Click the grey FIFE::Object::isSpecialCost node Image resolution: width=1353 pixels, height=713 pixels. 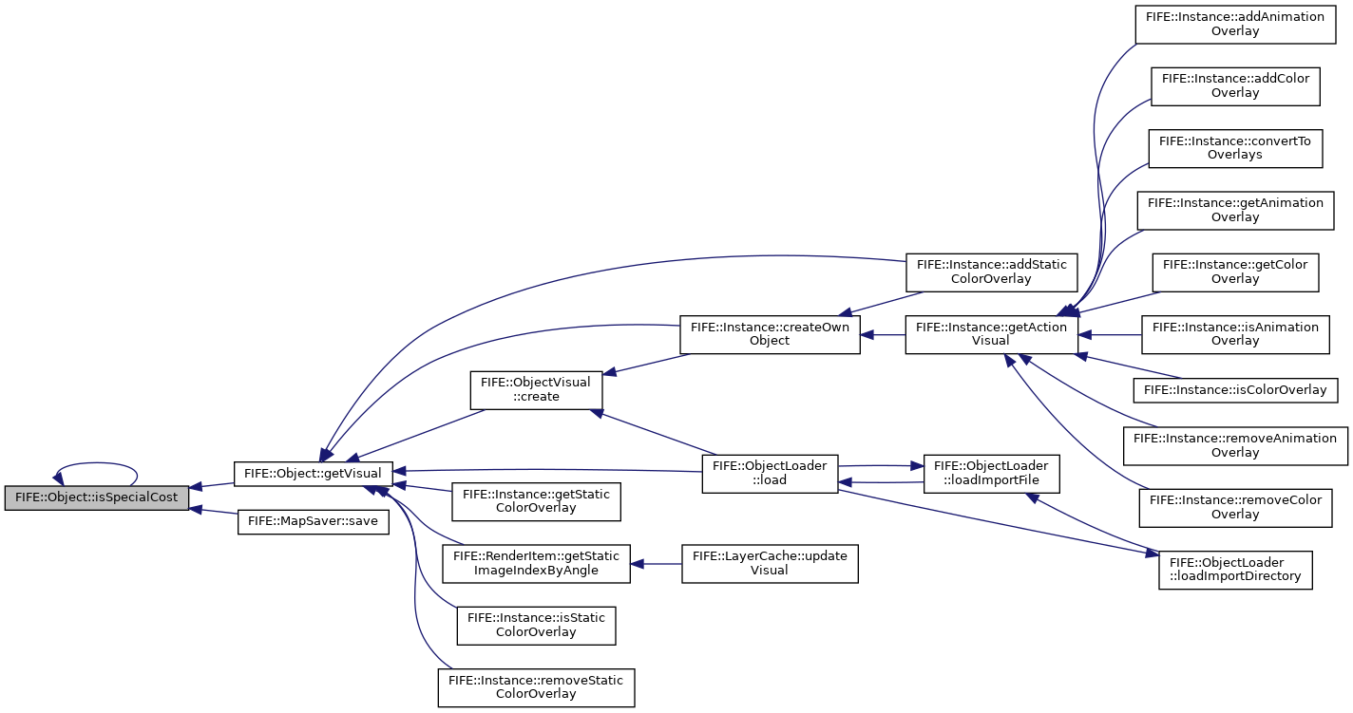click(97, 498)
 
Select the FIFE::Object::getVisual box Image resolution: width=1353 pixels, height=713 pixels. click(313, 474)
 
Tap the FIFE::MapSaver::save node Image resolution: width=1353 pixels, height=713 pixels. click(313, 521)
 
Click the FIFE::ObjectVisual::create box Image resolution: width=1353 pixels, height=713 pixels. click(537, 390)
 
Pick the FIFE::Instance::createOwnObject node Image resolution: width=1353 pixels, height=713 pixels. click(770, 334)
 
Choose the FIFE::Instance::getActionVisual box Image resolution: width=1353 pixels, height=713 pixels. click(991, 334)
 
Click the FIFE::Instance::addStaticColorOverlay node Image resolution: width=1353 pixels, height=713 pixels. click(991, 272)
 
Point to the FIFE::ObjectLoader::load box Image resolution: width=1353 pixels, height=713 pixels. click(770, 474)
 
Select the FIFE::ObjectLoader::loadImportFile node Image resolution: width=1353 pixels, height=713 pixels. click(991, 474)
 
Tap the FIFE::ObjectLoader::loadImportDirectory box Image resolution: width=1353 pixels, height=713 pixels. click(1235, 570)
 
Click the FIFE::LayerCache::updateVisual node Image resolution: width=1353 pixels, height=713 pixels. click(770, 564)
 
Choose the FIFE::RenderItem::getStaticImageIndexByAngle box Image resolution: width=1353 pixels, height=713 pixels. click(537, 564)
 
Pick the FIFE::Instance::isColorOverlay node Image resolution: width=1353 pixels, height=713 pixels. click(1235, 390)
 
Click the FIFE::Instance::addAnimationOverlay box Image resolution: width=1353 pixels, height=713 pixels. click(1235, 24)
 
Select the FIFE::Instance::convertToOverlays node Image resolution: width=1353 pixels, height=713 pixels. click(1235, 148)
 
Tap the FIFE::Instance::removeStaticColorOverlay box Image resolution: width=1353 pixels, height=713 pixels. click(537, 687)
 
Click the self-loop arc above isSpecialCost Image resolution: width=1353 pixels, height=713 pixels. click(97, 463)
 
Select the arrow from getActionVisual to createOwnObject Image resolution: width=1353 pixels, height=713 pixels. click(883, 334)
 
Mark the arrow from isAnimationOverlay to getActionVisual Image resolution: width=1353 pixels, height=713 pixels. click(1110, 334)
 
